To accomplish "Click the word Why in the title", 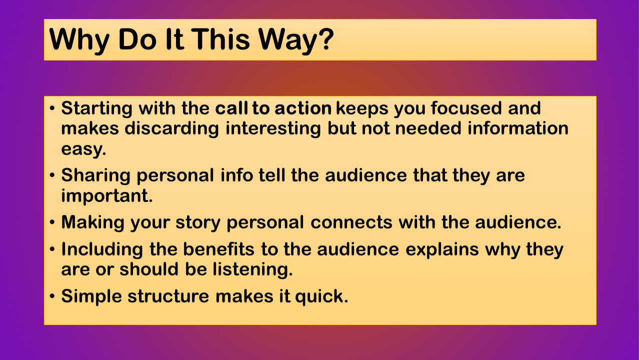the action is (x=79, y=40).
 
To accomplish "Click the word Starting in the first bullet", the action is (x=96, y=109).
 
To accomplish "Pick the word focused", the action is (x=466, y=108).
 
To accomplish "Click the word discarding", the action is (x=171, y=129).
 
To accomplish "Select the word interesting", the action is (x=273, y=129).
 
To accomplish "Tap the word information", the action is (x=518, y=128).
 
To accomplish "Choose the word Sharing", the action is (x=95, y=176).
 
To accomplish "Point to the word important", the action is (x=107, y=196).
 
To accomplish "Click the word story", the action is (x=198, y=223).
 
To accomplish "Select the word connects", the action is (x=351, y=222).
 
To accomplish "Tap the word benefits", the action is (x=218, y=249).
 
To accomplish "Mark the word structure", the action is (x=168, y=296).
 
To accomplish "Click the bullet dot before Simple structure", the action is (x=52, y=296).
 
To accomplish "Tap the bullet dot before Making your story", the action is (x=52, y=222).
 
